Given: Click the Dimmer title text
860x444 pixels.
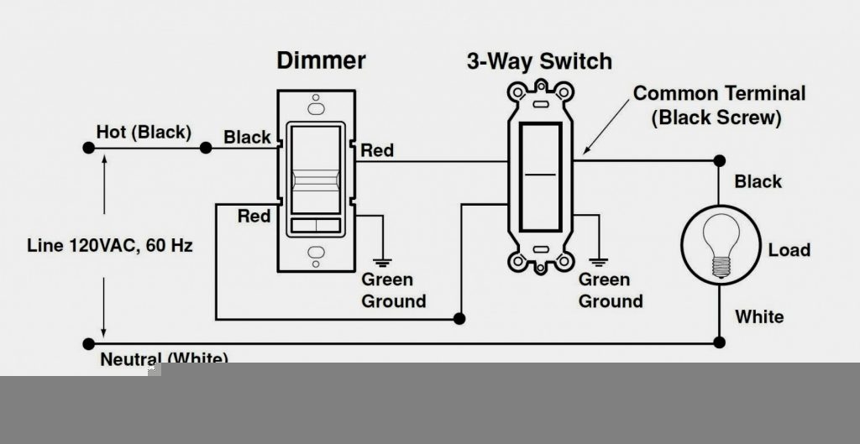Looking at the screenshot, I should (x=321, y=60).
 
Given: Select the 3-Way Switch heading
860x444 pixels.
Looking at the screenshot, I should (x=539, y=61).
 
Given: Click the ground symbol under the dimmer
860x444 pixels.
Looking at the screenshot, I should (x=385, y=259).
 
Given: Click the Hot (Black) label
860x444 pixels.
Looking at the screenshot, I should (x=144, y=132).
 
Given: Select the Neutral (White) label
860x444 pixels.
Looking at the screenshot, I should (x=164, y=358).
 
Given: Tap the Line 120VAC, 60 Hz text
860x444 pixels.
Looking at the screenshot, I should (x=110, y=246).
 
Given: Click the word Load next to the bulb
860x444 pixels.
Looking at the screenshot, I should (x=789, y=250).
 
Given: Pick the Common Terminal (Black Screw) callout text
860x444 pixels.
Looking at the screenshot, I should (x=719, y=105).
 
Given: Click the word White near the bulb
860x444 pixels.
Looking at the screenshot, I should (x=759, y=316).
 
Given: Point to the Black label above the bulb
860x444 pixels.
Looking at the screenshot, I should (x=758, y=181).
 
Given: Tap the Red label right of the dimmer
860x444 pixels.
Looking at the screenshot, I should (x=377, y=150).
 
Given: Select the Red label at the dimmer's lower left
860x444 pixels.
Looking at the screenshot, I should (x=254, y=216).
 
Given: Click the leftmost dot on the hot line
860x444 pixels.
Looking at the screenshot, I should (x=87, y=149).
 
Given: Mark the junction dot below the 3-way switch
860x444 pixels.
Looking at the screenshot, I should (x=459, y=319).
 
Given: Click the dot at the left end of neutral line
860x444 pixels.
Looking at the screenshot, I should (x=87, y=343).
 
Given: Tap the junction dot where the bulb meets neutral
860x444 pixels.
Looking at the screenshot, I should (x=719, y=342).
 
